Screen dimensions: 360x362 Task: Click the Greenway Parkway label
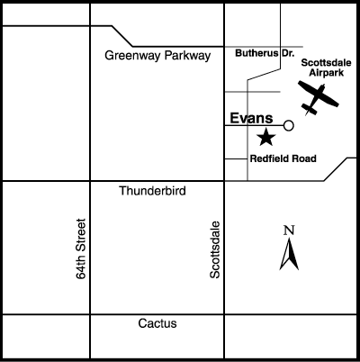[x=157, y=56]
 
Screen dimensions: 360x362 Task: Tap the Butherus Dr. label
[x=265, y=53]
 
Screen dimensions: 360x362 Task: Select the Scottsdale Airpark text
[x=326, y=68]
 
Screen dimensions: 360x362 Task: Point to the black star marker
[x=266, y=137]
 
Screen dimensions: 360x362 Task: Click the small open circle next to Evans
[x=288, y=125]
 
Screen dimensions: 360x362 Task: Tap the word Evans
[x=251, y=118]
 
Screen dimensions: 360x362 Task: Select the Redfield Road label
[x=283, y=158]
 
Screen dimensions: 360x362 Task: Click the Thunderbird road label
[x=152, y=191]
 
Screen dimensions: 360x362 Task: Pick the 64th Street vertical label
[x=81, y=249]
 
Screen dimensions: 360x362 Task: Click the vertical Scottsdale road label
[x=215, y=249]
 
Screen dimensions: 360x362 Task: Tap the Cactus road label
[x=157, y=323]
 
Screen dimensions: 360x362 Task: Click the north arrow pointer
[x=289, y=254]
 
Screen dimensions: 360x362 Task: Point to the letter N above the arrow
[x=289, y=231]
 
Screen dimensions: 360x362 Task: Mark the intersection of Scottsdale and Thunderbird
[x=224, y=181]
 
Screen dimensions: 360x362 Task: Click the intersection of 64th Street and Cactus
[x=90, y=314]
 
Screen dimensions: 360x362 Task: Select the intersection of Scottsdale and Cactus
[x=224, y=314]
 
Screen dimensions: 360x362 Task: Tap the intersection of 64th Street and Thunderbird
[x=90, y=181]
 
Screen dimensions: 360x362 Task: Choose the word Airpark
[x=327, y=73]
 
